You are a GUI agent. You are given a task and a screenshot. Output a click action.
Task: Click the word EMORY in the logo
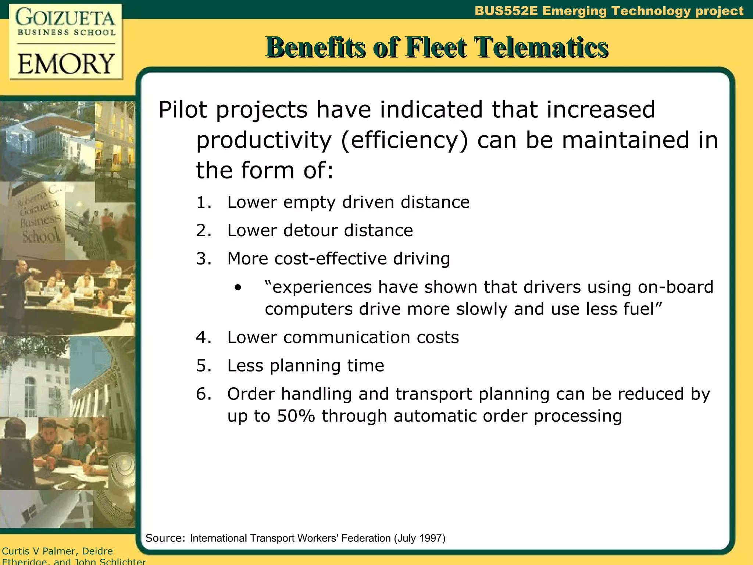(x=66, y=63)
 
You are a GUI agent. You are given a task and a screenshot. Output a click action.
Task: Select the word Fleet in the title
(x=436, y=48)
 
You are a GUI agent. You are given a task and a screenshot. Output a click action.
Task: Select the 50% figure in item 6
(x=296, y=416)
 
